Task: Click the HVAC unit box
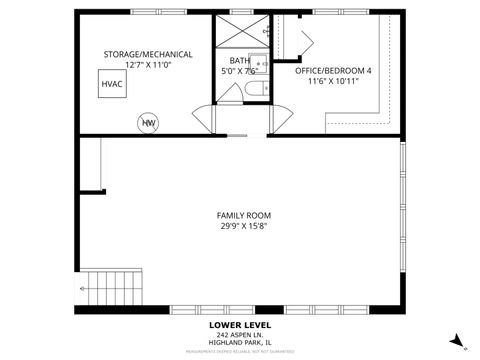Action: click(111, 85)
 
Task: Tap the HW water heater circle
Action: click(148, 122)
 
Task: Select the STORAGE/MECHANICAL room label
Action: click(148, 54)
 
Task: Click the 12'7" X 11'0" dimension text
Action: click(148, 64)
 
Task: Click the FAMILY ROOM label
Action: click(243, 215)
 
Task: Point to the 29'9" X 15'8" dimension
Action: click(243, 226)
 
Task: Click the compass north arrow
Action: click(457, 340)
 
